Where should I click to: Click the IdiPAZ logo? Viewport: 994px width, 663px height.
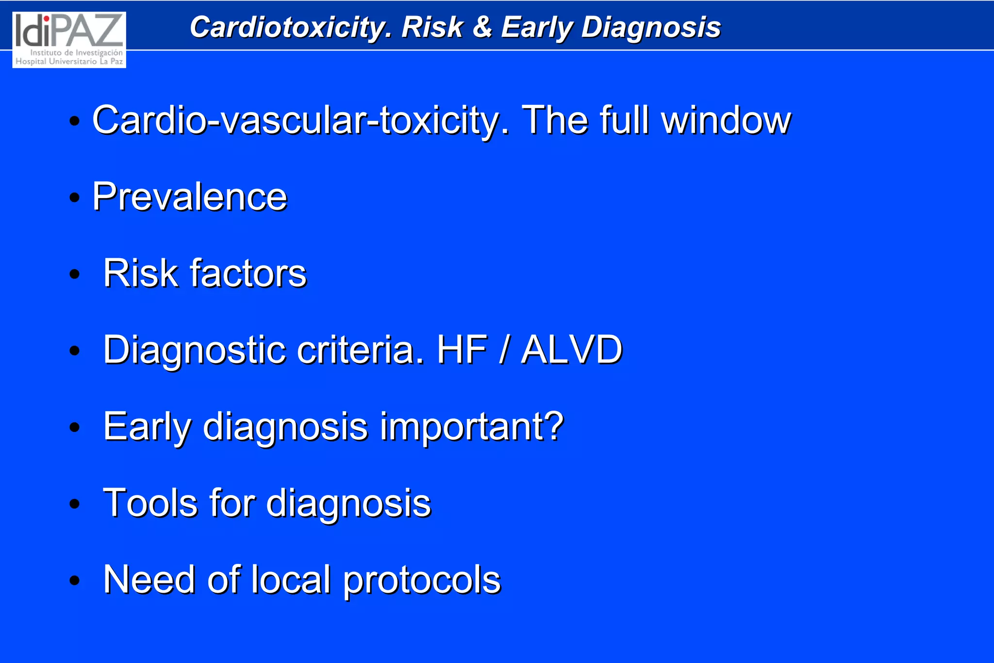69,40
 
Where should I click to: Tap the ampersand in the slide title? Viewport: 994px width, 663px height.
482,27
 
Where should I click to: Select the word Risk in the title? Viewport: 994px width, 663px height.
432,27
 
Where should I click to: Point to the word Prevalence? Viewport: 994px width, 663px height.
190,197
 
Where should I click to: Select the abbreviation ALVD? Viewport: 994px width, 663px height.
571,349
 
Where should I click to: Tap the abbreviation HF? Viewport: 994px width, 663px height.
462,349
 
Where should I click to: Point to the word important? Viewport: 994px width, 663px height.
472,426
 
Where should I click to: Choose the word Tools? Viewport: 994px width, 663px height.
150,503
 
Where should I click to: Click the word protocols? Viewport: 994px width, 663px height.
422,580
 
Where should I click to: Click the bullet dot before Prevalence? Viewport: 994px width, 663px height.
74,198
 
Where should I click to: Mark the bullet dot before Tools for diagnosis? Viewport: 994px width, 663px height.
74,504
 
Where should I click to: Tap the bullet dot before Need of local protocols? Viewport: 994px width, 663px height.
74,580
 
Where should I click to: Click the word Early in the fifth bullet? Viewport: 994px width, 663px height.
148,426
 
